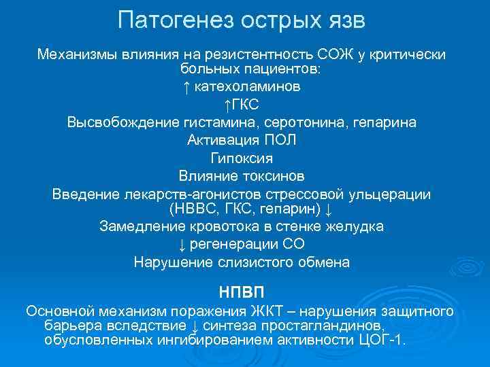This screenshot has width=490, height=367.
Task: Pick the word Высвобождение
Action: pos(125,122)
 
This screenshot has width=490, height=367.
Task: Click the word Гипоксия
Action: pos(242,158)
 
